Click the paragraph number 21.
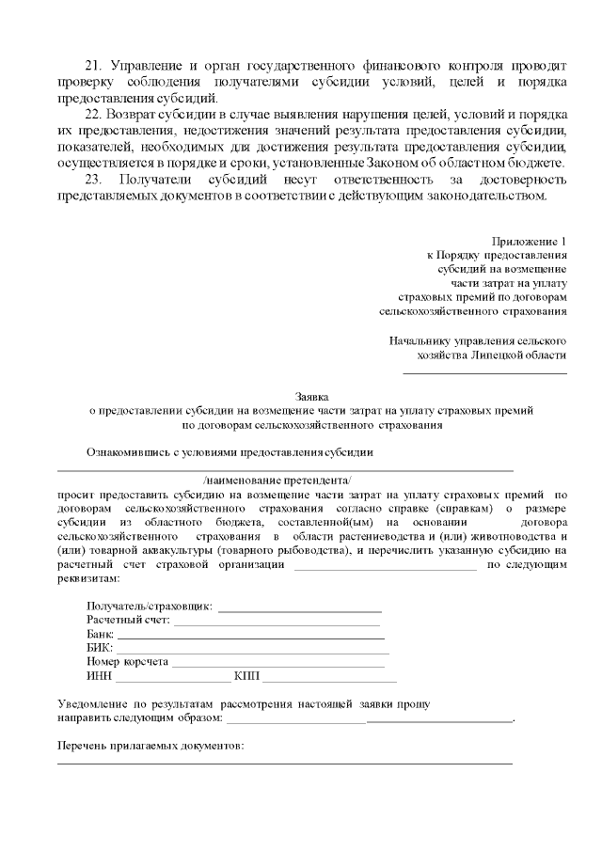pyautogui.click(x=93, y=66)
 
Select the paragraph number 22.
pyautogui.click(x=93, y=115)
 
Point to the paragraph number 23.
pyautogui.click(x=93, y=180)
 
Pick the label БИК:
pyautogui.click(x=99, y=648)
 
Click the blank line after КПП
pyautogui.click(x=329, y=678)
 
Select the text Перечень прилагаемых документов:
pyautogui.click(x=150, y=746)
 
